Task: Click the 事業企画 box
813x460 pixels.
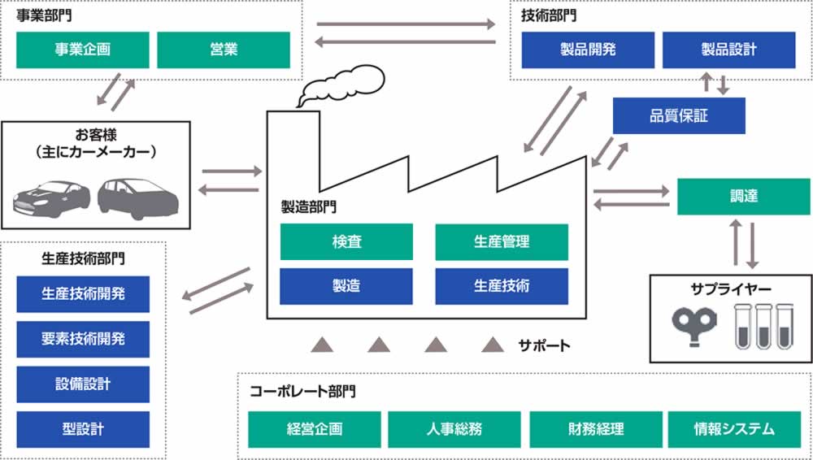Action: point(83,50)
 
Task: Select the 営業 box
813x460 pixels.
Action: point(224,50)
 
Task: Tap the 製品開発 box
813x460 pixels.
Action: point(588,50)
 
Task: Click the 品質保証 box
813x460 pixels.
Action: point(679,115)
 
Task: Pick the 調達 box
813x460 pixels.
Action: point(744,197)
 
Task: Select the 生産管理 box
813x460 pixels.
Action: point(502,241)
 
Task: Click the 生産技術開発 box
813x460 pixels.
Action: point(83,294)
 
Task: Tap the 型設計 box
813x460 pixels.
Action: point(83,428)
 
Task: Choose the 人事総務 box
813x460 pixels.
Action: point(454,429)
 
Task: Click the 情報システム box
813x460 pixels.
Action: point(735,429)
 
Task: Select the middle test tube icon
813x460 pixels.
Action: point(763,325)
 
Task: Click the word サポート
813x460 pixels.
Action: point(545,345)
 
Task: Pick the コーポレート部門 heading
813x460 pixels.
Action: point(302,392)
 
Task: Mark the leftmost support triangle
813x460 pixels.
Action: point(322,345)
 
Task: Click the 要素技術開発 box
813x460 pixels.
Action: point(83,339)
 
